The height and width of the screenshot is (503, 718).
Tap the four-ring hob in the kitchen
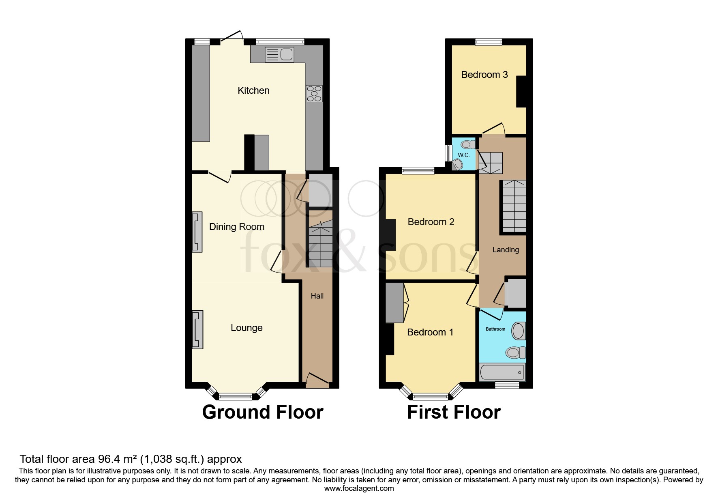[314, 94]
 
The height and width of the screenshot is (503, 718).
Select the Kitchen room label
[253, 90]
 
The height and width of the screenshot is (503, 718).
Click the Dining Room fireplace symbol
[197, 232]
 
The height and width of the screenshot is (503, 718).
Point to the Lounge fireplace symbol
[197, 329]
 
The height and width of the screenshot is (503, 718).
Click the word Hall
[317, 296]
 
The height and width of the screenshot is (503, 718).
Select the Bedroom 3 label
[484, 75]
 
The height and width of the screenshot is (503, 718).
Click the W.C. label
[464, 155]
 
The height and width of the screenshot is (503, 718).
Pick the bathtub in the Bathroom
[502, 372]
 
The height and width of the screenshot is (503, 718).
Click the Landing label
[506, 250]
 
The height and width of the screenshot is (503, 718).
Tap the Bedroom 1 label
[430, 332]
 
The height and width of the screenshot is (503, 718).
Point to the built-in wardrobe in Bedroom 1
[394, 303]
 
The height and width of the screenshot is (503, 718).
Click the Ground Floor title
[263, 412]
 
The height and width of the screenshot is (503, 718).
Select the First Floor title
[454, 412]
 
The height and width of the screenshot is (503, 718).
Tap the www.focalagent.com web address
[359, 488]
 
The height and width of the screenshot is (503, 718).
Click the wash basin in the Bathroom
[518, 331]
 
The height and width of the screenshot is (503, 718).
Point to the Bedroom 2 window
[418, 171]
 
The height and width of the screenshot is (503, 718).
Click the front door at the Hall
[317, 381]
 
